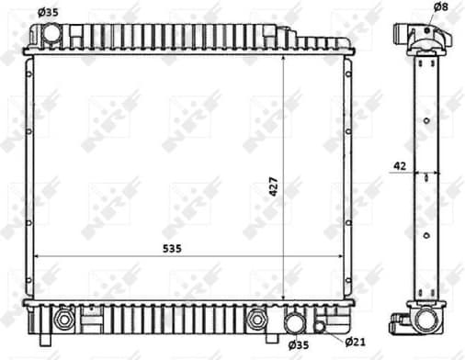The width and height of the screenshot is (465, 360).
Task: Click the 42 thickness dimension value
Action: tap(399, 165)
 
